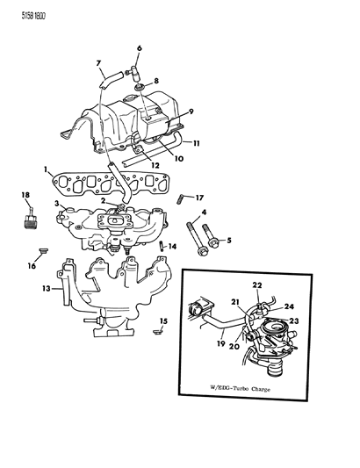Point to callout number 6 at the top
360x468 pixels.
coord(138,48)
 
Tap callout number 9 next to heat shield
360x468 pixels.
coord(191,112)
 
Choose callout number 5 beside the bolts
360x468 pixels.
coord(230,240)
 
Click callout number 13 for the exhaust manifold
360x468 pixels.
coord(47,287)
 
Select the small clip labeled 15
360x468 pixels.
coord(158,331)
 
